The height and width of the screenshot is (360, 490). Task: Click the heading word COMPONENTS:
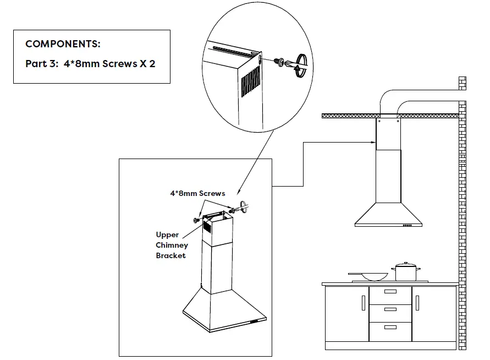tap(63, 44)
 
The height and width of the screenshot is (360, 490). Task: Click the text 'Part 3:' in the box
tap(41, 64)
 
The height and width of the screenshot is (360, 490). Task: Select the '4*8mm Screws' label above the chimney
tap(197, 193)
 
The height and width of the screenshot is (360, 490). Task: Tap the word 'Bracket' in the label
tap(170, 255)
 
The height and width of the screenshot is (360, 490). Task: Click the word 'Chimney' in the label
tap(172, 245)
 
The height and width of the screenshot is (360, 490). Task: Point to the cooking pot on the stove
tap(406, 272)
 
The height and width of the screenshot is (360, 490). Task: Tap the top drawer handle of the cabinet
tap(390, 292)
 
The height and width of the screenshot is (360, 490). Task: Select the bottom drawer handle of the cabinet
tap(390, 327)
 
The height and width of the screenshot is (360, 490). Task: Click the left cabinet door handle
tap(363, 303)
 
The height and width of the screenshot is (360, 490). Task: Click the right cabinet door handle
tap(417, 303)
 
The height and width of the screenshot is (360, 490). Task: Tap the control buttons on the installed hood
tap(408, 225)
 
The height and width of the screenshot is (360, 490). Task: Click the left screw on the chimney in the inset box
tap(196, 220)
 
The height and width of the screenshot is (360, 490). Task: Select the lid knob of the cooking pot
tap(406, 264)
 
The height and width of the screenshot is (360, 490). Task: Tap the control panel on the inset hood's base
tap(256, 321)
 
